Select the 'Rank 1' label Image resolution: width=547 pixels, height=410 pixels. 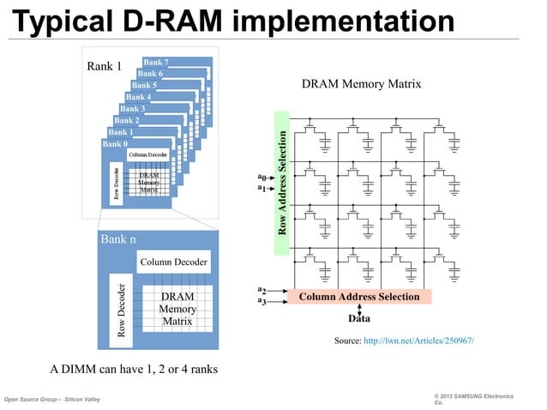pos(104,66)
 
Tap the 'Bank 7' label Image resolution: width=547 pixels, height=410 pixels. pos(155,63)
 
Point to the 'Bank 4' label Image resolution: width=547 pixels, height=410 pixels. pos(138,97)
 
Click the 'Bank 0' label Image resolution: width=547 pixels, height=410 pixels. pos(114,143)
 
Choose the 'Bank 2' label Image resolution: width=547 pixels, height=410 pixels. pos(126,120)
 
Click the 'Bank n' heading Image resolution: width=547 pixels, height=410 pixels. pos(118,238)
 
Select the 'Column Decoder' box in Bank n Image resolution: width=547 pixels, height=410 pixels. pos(173,262)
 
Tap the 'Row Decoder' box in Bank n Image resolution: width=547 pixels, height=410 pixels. pos(122,310)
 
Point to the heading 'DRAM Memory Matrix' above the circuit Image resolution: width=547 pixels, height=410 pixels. pos(361,84)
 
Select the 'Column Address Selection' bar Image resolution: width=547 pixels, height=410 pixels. pos(358,297)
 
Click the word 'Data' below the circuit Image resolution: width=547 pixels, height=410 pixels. pos(358,317)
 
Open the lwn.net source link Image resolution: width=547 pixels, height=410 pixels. pos(418,341)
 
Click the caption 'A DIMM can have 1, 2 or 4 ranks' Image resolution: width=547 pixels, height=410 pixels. pos(134,369)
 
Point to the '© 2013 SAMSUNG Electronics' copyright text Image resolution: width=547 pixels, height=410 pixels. pos(473,397)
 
